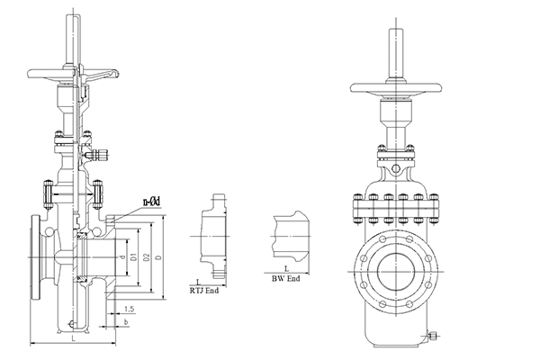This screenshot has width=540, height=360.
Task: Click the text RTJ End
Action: coord(205,291)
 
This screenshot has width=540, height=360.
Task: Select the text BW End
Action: coord(287,280)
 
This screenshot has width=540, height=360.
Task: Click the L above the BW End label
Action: coord(286,268)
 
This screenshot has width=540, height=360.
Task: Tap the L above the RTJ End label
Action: coord(199,282)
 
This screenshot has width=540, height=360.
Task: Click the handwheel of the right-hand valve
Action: coord(395,88)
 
